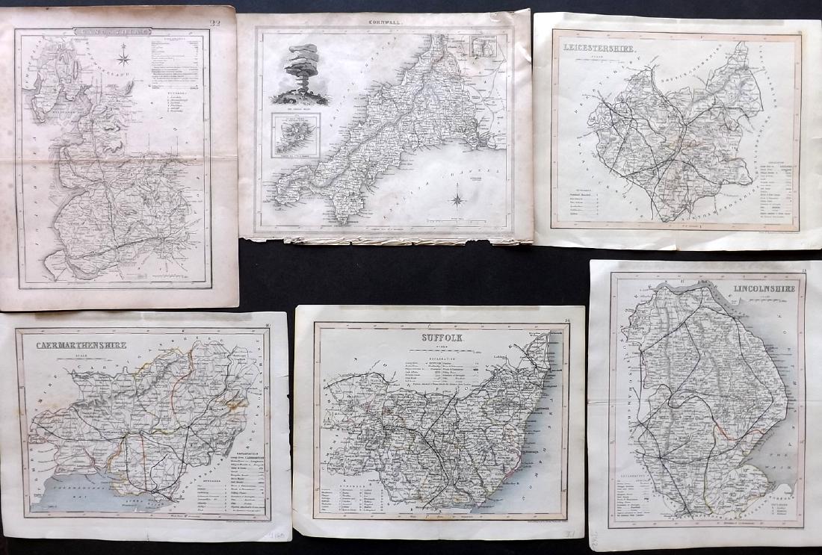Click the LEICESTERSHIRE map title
(x=596, y=50)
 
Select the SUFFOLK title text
(x=434, y=337)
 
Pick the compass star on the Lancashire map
(x=125, y=54)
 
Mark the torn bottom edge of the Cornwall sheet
(x=389, y=240)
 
